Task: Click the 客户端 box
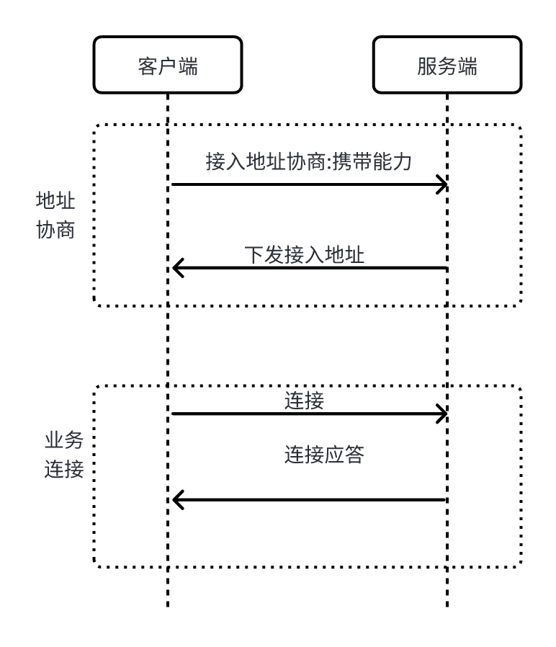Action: point(168,65)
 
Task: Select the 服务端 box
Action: point(447,65)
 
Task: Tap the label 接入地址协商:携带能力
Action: point(308,162)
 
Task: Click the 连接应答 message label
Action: point(324,455)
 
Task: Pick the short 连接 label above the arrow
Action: point(304,401)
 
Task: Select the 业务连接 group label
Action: point(65,455)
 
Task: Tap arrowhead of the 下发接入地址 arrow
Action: point(177,269)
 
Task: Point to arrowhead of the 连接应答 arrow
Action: point(177,499)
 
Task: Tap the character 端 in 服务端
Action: point(467,66)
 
